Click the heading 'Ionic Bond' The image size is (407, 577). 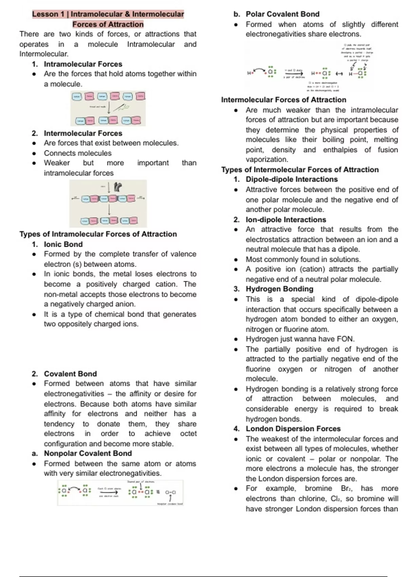[x=63, y=244]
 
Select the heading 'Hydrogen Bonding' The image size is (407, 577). [x=279, y=289]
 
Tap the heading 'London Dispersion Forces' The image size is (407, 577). [x=293, y=429]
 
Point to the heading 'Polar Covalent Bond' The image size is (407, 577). [x=283, y=14]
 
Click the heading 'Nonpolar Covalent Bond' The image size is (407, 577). [x=88, y=453]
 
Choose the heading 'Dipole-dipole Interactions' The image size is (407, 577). [x=292, y=179]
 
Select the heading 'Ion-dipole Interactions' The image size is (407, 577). [x=286, y=220]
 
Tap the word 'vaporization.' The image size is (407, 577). [x=267, y=160]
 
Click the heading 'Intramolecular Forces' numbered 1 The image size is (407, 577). [x=83, y=64]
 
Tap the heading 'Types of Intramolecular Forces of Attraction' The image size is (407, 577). [x=98, y=234]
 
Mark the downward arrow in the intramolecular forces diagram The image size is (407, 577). [x=109, y=108]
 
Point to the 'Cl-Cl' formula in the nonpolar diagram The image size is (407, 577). [x=170, y=492]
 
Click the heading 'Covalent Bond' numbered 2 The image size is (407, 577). [x=70, y=374]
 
